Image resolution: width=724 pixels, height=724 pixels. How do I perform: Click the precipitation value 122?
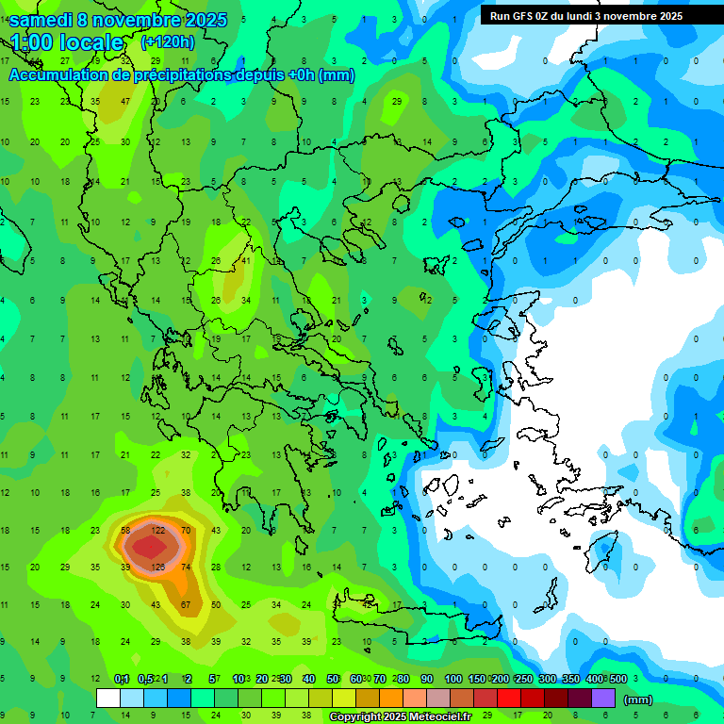click(158, 531)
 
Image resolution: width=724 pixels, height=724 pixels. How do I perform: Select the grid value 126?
click(158, 567)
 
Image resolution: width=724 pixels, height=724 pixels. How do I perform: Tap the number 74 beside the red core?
click(186, 567)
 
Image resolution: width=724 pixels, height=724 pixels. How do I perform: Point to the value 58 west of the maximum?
click(125, 531)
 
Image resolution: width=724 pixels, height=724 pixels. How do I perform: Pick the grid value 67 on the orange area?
click(186, 604)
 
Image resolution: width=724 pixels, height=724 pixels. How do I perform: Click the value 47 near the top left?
click(125, 101)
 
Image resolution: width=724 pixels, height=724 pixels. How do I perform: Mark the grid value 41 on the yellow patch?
click(246, 261)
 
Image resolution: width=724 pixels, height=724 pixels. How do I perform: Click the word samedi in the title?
click(43, 19)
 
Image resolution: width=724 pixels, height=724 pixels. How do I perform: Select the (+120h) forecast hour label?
click(167, 41)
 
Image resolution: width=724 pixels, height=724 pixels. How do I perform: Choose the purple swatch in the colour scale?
click(603, 699)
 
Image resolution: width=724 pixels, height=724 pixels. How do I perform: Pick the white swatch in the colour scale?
click(108, 699)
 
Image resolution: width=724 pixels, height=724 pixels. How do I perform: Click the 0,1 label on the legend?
click(122, 679)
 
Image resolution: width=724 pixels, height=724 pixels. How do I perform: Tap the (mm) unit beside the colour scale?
click(638, 699)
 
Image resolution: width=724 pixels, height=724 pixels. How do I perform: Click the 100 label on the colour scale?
click(452, 679)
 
